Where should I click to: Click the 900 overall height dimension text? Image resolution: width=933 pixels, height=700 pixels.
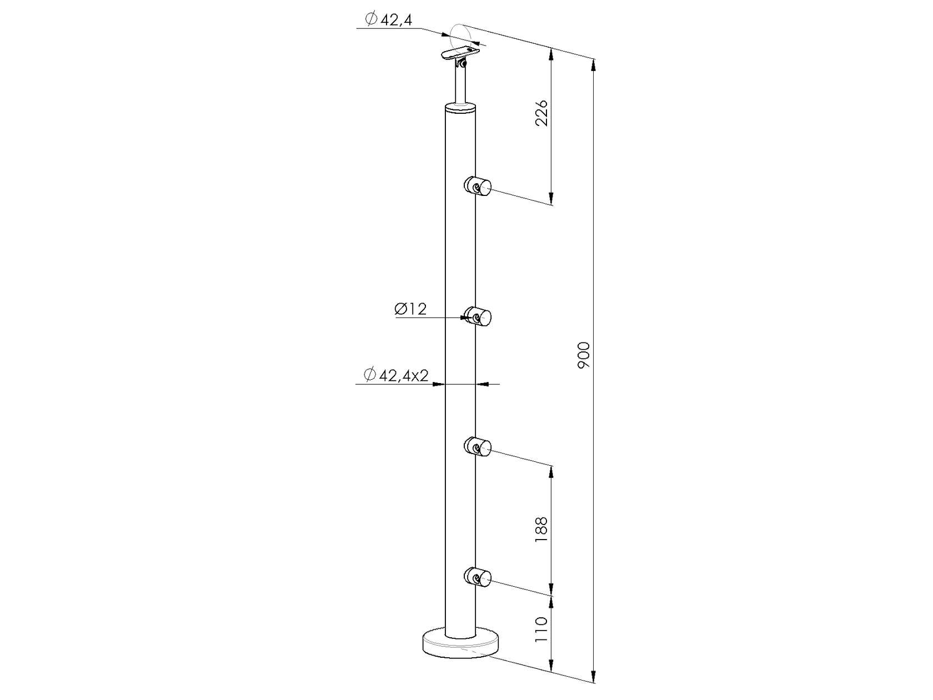(x=584, y=356)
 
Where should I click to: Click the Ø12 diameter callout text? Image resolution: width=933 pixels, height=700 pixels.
(x=411, y=309)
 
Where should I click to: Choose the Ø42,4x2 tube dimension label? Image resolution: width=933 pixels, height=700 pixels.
(x=397, y=376)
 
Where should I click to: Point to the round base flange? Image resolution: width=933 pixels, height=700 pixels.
(x=460, y=646)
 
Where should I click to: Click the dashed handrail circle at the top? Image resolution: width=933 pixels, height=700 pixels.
(x=463, y=33)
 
